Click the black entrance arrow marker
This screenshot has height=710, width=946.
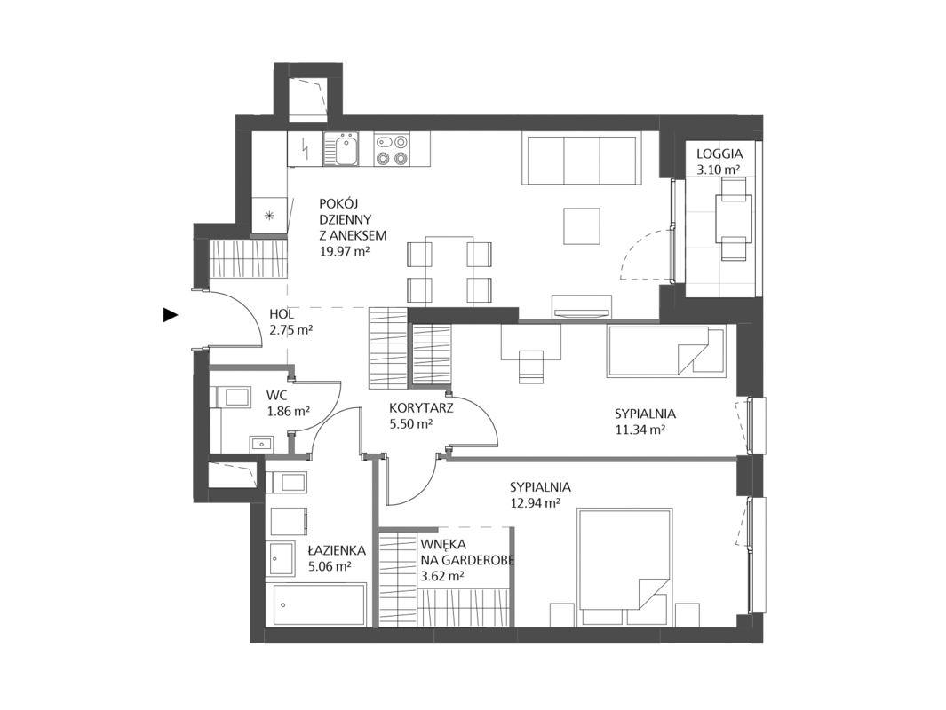click(x=171, y=314)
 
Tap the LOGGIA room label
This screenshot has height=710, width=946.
click(x=719, y=154)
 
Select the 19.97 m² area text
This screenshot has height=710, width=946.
click(x=345, y=251)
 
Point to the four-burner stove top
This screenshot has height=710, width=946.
click(x=391, y=149)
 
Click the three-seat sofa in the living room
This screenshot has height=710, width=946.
click(x=582, y=160)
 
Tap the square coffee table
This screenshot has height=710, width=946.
click(x=582, y=226)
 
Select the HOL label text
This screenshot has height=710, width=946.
click(x=282, y=314)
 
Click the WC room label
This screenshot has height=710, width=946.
click(x=277, y=396)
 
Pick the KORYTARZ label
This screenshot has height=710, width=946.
click(x=421, y=408)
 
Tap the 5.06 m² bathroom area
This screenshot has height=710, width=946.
click(x=330, y=566)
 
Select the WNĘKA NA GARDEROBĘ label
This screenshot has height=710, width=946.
click(x=467, y=552)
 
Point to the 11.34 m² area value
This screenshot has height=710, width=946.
click(x=640, y=430)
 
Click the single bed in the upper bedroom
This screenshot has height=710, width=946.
click(x=665, y=352)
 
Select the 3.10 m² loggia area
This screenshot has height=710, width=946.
click(x=719, y=170)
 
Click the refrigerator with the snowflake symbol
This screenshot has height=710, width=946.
click(x=270, y=215)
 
